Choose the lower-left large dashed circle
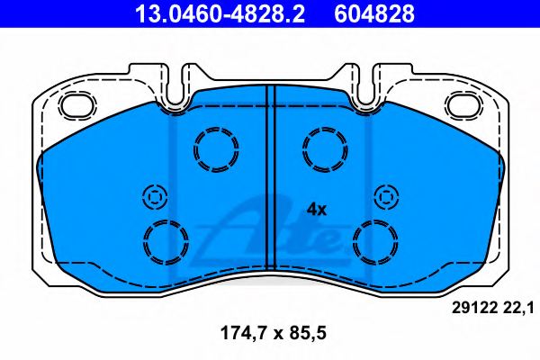pos(166,240)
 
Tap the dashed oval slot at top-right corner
pos(465,105)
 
